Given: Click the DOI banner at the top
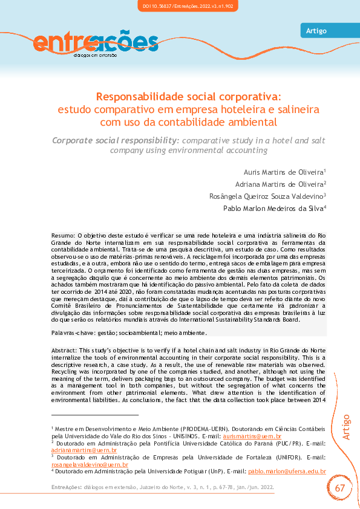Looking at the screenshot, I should (x=180, y=6).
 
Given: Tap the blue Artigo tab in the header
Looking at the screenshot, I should (x=316, y=31).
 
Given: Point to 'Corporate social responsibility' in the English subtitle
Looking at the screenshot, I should (x=115, y=140).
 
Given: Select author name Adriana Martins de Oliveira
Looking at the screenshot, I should (x=279, y=184).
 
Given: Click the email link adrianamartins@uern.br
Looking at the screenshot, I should (x=83, y=450).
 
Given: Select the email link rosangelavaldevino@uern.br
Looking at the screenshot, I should (x=90, y=465).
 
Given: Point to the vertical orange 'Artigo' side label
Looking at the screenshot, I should (x=345, y=427).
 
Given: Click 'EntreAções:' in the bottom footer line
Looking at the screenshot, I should (x=65, y=487).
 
